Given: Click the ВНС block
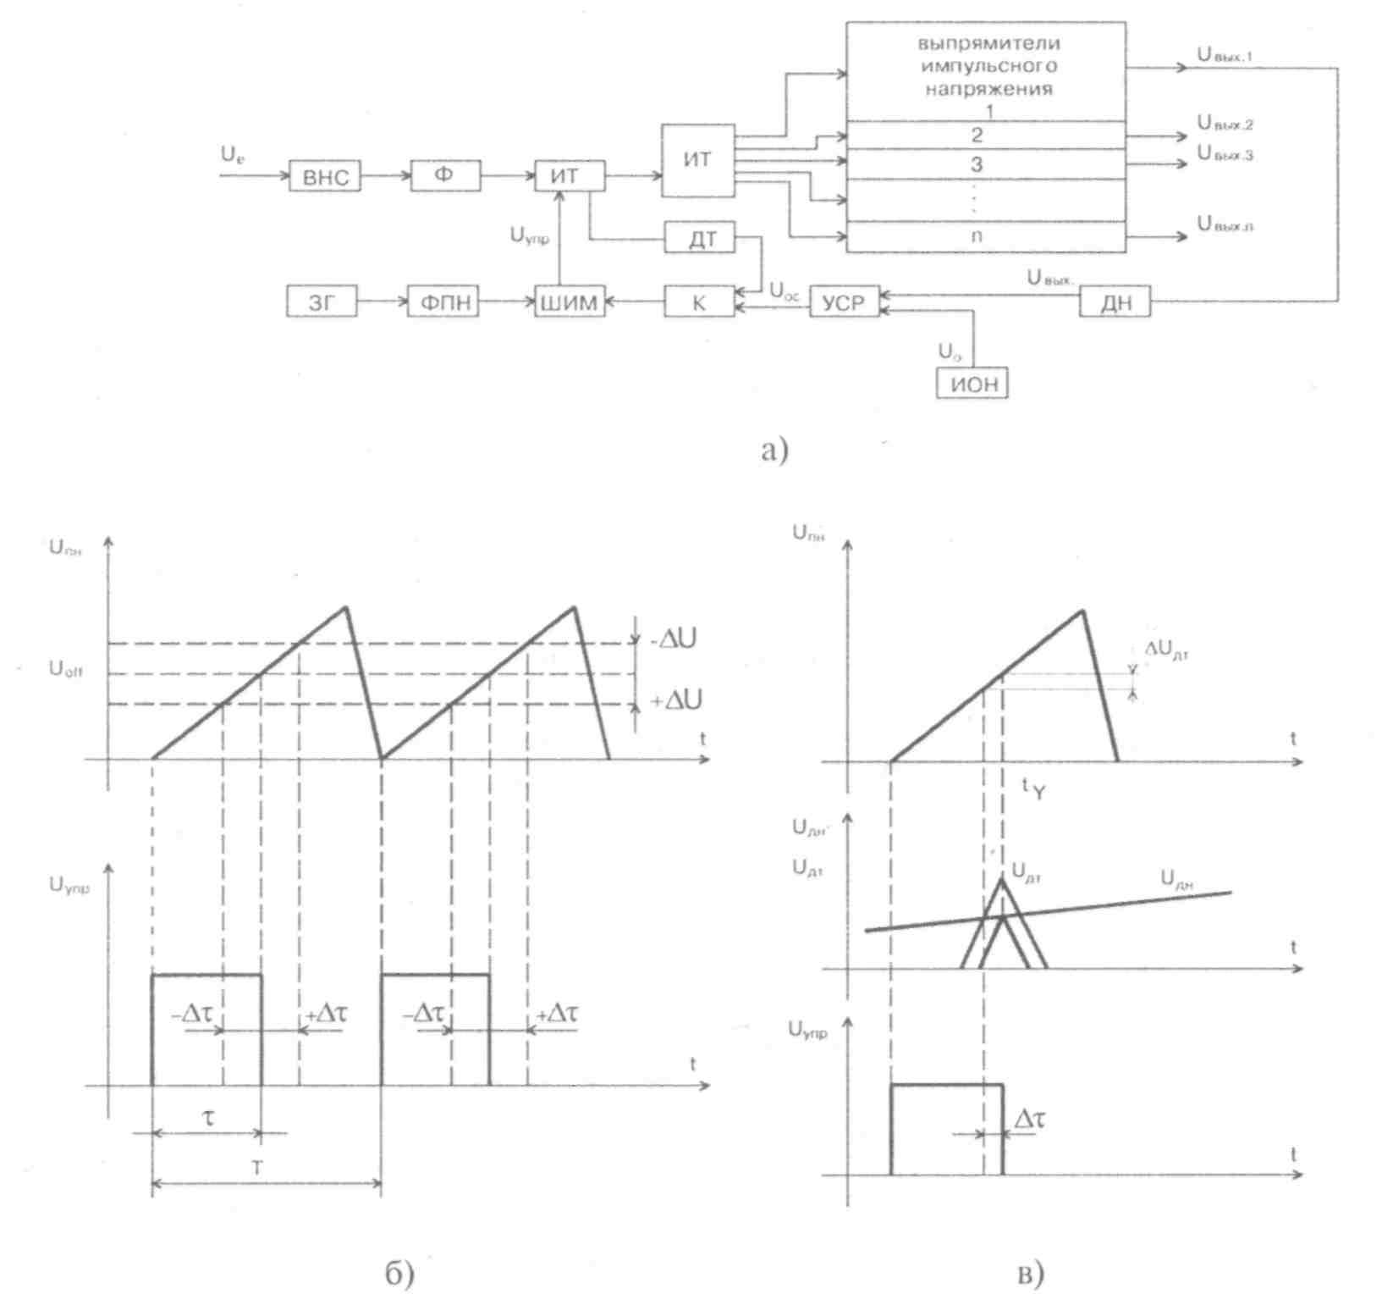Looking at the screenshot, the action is [x=324, y=178].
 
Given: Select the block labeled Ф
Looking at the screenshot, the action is [x=445, y=176].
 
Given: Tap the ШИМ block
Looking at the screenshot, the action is [x=570, y=302].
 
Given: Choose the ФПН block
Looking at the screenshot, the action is [x=443, y=302].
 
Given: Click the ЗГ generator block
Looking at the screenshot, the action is [x=322, y=302].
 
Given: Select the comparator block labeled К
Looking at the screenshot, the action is [x=699, y=302].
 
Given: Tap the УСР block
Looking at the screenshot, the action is [x=844, y=302].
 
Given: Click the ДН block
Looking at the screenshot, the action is [x=1115, y=302].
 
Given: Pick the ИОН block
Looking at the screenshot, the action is [x=972, y=384].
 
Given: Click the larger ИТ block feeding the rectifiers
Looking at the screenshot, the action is [x=697, y=160].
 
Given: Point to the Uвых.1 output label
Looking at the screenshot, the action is [x=1225, y=55].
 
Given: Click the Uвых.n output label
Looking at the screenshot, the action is [x=1225, y=224].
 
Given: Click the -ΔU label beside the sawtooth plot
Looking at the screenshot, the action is [x=673, y=639].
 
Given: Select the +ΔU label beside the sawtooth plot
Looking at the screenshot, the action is [x=675, y=700].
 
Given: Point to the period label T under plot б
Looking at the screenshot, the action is [x=257, y=1169].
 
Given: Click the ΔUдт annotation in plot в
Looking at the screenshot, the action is [x=1167, y=650].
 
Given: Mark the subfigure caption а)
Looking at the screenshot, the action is [x=774, y=450].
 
